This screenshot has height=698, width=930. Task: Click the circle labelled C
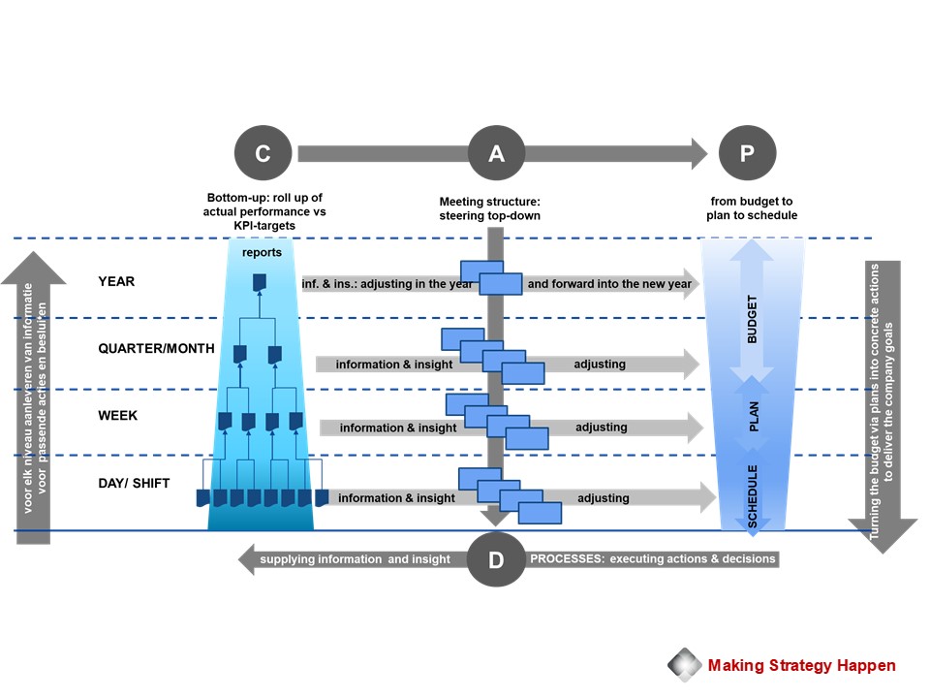pyautogui.click(x=263, y=153)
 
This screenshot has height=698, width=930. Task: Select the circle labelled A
pyautogui.click(x=496, y=153)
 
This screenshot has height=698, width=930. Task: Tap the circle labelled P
pyautogui.click(x=748, y=153)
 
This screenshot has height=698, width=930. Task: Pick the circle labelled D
pyautogui.click(x=496, y=559)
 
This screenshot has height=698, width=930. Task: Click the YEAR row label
pyautogui.click(x=116, y=282)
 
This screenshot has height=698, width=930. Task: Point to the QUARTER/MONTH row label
pyautogui.click(x=156, y=349)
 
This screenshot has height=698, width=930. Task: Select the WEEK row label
pyautogui.click(x=118, y=416)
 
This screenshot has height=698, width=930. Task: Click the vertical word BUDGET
pyautogui.click(x=754, y=320)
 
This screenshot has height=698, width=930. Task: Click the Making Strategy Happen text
pyautogui.click(x=801, y=665)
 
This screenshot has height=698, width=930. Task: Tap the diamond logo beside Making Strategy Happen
pyautogui.click(x=685, y=665)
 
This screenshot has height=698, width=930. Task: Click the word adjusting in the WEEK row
pyautogui.click(x=601, y=428)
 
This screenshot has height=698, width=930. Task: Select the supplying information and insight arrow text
pyautogui.click(x=356, y=559)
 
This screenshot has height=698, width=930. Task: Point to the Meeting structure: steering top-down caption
pyautogui.click(x=489, y=208)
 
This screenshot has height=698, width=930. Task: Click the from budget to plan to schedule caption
pyautogui.click(x=752, y=208)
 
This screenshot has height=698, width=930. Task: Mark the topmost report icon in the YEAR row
pyautogui.click(x=259, y=282)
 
